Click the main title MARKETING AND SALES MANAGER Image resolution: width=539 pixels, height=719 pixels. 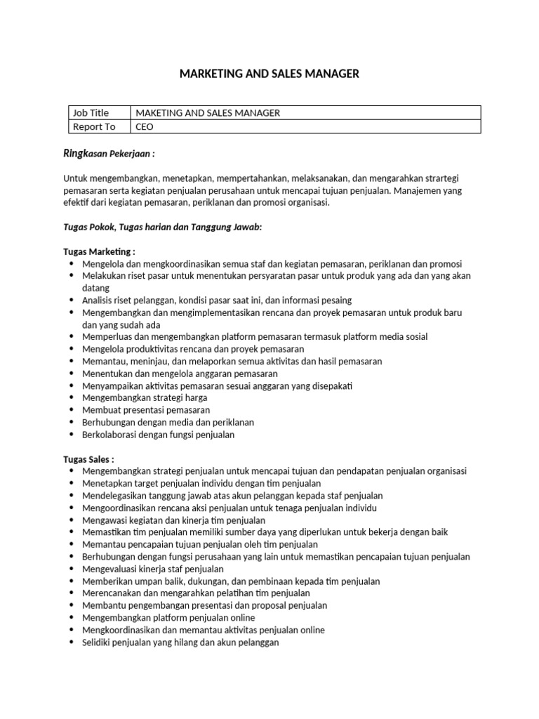pyautogui.click(x=269, y=74)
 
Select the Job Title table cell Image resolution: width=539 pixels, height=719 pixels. pyautogui.click(x=91, y=112)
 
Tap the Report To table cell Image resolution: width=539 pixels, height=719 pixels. pyautogui.click(x=94, y=126)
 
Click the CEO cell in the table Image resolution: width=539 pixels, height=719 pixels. pyautogui.click(x=144, y=126)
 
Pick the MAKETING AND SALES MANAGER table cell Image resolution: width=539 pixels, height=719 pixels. pyautogui.click(x=207, y=112)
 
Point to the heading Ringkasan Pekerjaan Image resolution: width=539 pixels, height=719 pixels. pyautogui.click(x=109, y=153)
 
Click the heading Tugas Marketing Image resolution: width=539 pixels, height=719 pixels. pyautogui.click(x=99, y=251)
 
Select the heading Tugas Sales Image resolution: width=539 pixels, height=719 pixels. pyautogui.click(x=88, y=459)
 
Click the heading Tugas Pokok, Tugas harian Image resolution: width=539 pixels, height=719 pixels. pyautogui.click(x=162, y=227)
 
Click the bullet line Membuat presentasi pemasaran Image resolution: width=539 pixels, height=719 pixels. pyautogui.click(x=146, y=409)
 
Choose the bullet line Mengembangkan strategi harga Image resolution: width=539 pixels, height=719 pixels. pyautogui.click(x=145, y=397)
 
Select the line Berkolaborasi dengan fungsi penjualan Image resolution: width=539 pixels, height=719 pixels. pyautogui.click(x=158, y=434)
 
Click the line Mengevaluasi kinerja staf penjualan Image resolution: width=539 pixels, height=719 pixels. pyautogui.click(x=152, y=569)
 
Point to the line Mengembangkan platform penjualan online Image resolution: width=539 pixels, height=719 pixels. pyautogui.click(x=168, y=617)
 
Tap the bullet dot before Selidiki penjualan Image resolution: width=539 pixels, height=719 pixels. pyautogui.click(x=72, y=642)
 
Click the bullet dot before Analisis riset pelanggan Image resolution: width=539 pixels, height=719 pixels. pyautogui.click(x=72, y=300)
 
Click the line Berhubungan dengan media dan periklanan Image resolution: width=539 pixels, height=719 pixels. pyautogui.click(x=168, y=422)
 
